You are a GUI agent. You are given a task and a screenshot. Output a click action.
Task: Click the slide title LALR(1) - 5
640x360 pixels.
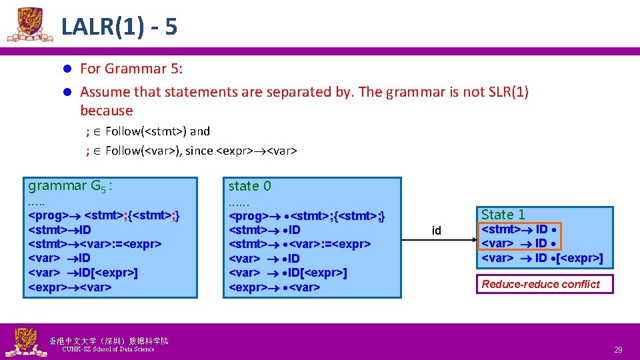point(119,27)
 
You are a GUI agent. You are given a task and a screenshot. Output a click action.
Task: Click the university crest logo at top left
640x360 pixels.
point(29,25)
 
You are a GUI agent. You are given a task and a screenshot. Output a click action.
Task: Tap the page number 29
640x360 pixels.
point(617,349)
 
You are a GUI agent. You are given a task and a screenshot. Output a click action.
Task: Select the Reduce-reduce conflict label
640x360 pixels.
point(541,284)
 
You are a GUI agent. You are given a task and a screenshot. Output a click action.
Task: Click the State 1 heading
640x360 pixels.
point(503,214)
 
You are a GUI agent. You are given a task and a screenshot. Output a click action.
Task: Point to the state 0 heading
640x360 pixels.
point(249,186)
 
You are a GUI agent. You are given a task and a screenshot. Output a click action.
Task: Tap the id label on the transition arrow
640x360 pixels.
point(437,231)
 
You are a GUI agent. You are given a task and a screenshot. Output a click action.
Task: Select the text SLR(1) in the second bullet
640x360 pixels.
point(507,92)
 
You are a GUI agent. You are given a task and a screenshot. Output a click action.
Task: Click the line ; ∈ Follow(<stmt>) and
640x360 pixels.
point(148,131)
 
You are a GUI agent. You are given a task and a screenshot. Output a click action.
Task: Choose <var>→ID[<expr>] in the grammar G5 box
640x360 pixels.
point(83,273)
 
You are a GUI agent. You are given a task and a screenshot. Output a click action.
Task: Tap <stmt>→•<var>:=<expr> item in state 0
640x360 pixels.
point(299,244)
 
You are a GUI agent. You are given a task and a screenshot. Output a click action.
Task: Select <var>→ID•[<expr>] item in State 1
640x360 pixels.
point(541,258)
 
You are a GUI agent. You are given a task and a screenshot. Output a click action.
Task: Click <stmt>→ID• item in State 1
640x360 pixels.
point(520,229)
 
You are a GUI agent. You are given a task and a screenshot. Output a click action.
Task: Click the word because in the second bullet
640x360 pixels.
point(107,111)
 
